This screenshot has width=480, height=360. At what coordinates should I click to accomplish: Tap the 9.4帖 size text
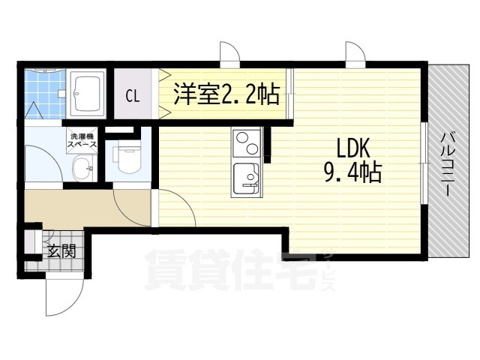pyautogui.click(x=352, y=174)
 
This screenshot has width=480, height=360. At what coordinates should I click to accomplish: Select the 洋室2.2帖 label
pyautogui.click(x=226, y=94)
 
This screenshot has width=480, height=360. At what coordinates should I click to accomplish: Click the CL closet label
pyautogui.click(x=132, y=96)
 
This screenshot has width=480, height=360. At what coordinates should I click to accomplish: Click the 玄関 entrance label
pyautogui.click(x=61, y=251)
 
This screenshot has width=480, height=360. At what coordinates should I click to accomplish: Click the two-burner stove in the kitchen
pyautogui.click(x=245, y=143)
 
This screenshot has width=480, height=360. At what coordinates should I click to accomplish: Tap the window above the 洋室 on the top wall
pyautogui.click(x=227, y=55)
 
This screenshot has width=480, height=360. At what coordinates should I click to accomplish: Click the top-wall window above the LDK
pyautogui.click(x=352, y=55)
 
